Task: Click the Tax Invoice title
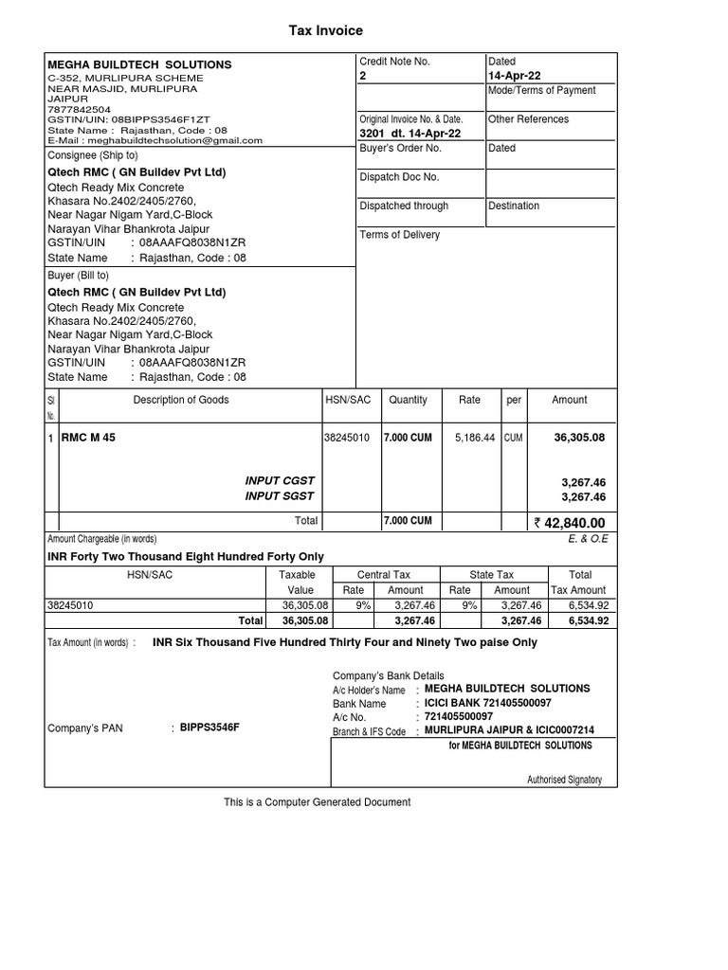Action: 325,31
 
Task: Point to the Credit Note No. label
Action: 394,62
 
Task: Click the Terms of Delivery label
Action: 399,235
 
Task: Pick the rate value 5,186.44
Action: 475,439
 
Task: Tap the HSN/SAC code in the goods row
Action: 347,439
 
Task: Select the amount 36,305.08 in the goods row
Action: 578,439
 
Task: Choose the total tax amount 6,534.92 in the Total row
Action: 588,621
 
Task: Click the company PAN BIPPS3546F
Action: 209,727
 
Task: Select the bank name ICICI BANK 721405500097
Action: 487,704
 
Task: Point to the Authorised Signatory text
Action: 564,781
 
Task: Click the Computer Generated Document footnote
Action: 317,802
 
